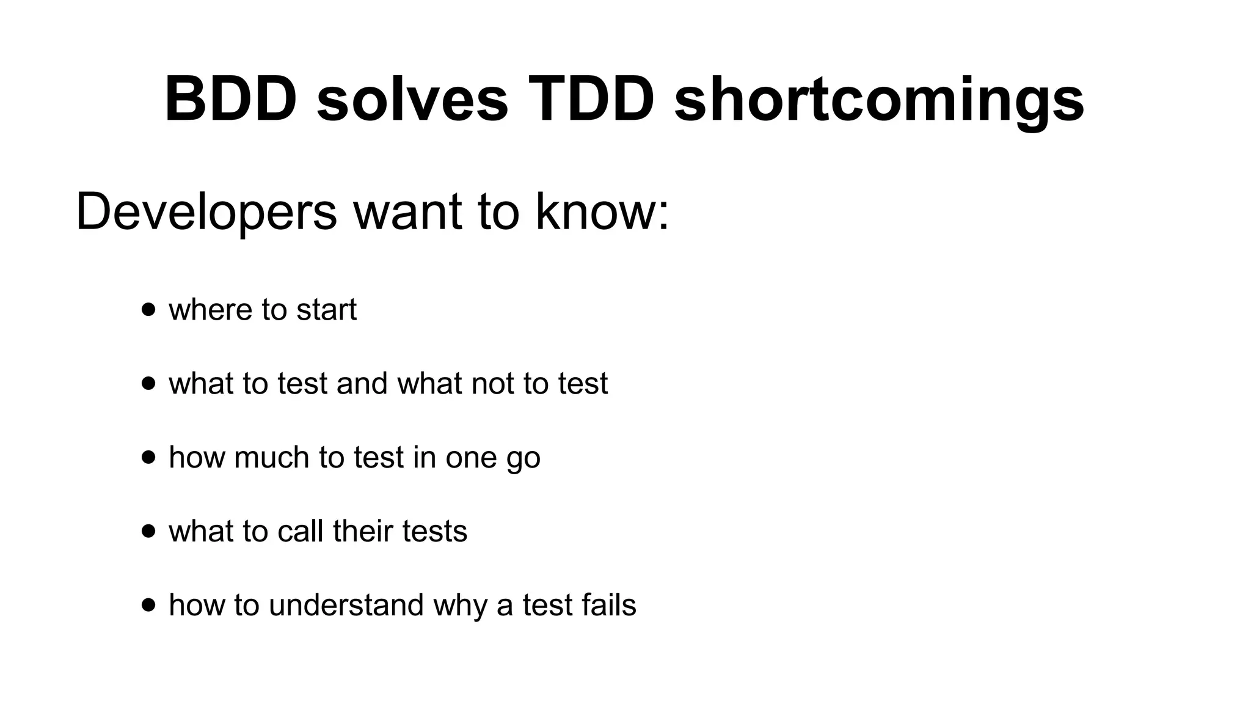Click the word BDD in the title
coord(230,99)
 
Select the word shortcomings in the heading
coord(879,101)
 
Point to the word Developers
coord(206,213)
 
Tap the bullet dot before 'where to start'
coord(148,309)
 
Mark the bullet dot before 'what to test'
coord(148,383)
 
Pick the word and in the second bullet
coord(362,383)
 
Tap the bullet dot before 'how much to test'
coord(148,457)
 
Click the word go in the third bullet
coord(523,460)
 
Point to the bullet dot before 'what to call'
coord(148,531)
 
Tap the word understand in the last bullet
coord(346,605)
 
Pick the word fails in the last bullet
coord(608,605)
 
